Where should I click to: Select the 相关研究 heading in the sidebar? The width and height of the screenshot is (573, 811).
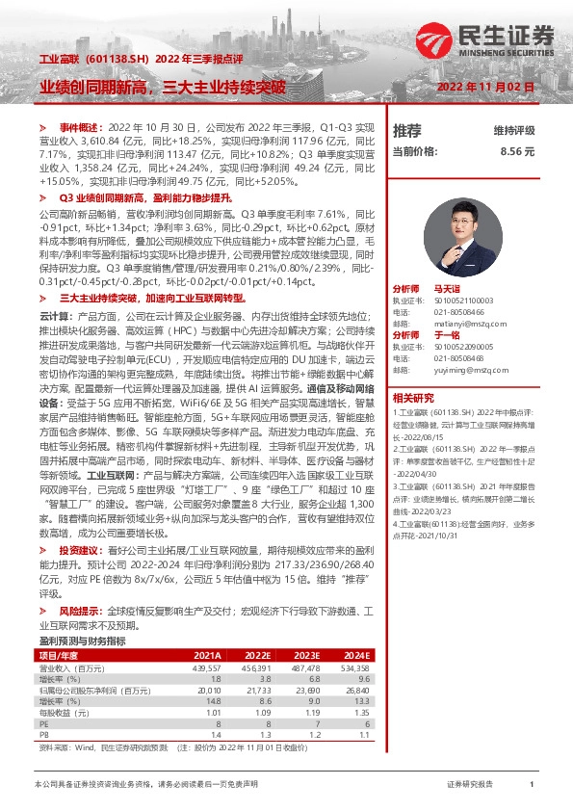pyautogui.click(x=413, y=397)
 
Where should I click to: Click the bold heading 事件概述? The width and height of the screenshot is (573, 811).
pyautogui.click(x=79, y=127)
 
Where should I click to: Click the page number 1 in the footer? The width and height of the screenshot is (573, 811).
pyautogui.click(x=532, y=786)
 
